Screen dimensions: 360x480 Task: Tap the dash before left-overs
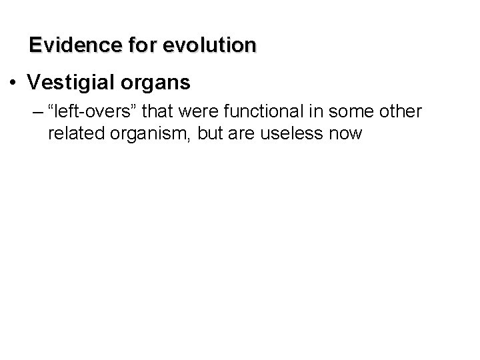coord(35,112)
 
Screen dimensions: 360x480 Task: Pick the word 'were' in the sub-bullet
coord(191,112)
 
